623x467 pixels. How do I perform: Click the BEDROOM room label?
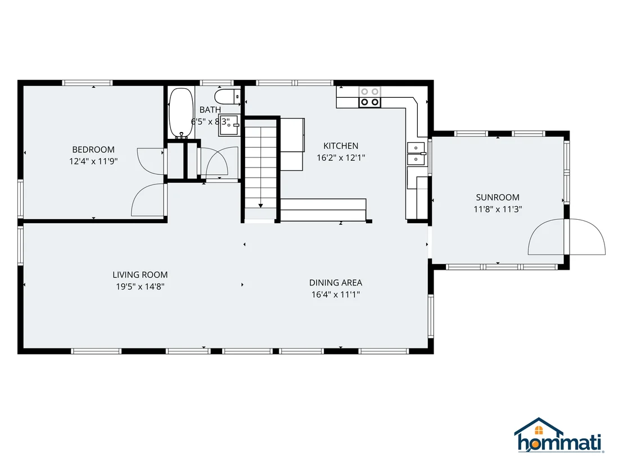point(93,149)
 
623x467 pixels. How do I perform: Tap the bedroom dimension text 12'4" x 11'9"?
point(93,161)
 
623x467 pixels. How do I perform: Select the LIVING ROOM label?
point(140,275)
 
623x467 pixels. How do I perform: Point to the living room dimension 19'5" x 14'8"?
point(140,287)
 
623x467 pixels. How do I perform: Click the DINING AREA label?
point(336,283)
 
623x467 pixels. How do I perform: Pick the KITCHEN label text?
point(341,146)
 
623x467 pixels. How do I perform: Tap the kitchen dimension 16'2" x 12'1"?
point(341,158)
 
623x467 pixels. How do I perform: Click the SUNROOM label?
point(498,197)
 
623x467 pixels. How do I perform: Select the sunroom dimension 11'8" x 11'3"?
point(498,209)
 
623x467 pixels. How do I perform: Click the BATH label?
point(210,110)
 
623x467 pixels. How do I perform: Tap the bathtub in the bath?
point(181,113)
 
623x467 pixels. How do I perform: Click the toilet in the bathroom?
point(227,96)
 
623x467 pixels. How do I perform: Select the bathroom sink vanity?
point(229,125)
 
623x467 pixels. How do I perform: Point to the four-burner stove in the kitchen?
point(369,97)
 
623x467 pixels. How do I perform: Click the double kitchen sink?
point(417,153)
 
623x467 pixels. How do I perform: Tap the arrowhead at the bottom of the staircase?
point(261,206)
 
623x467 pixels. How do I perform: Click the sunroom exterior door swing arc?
point(587,237)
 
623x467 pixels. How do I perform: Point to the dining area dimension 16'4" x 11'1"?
point(336,294)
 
